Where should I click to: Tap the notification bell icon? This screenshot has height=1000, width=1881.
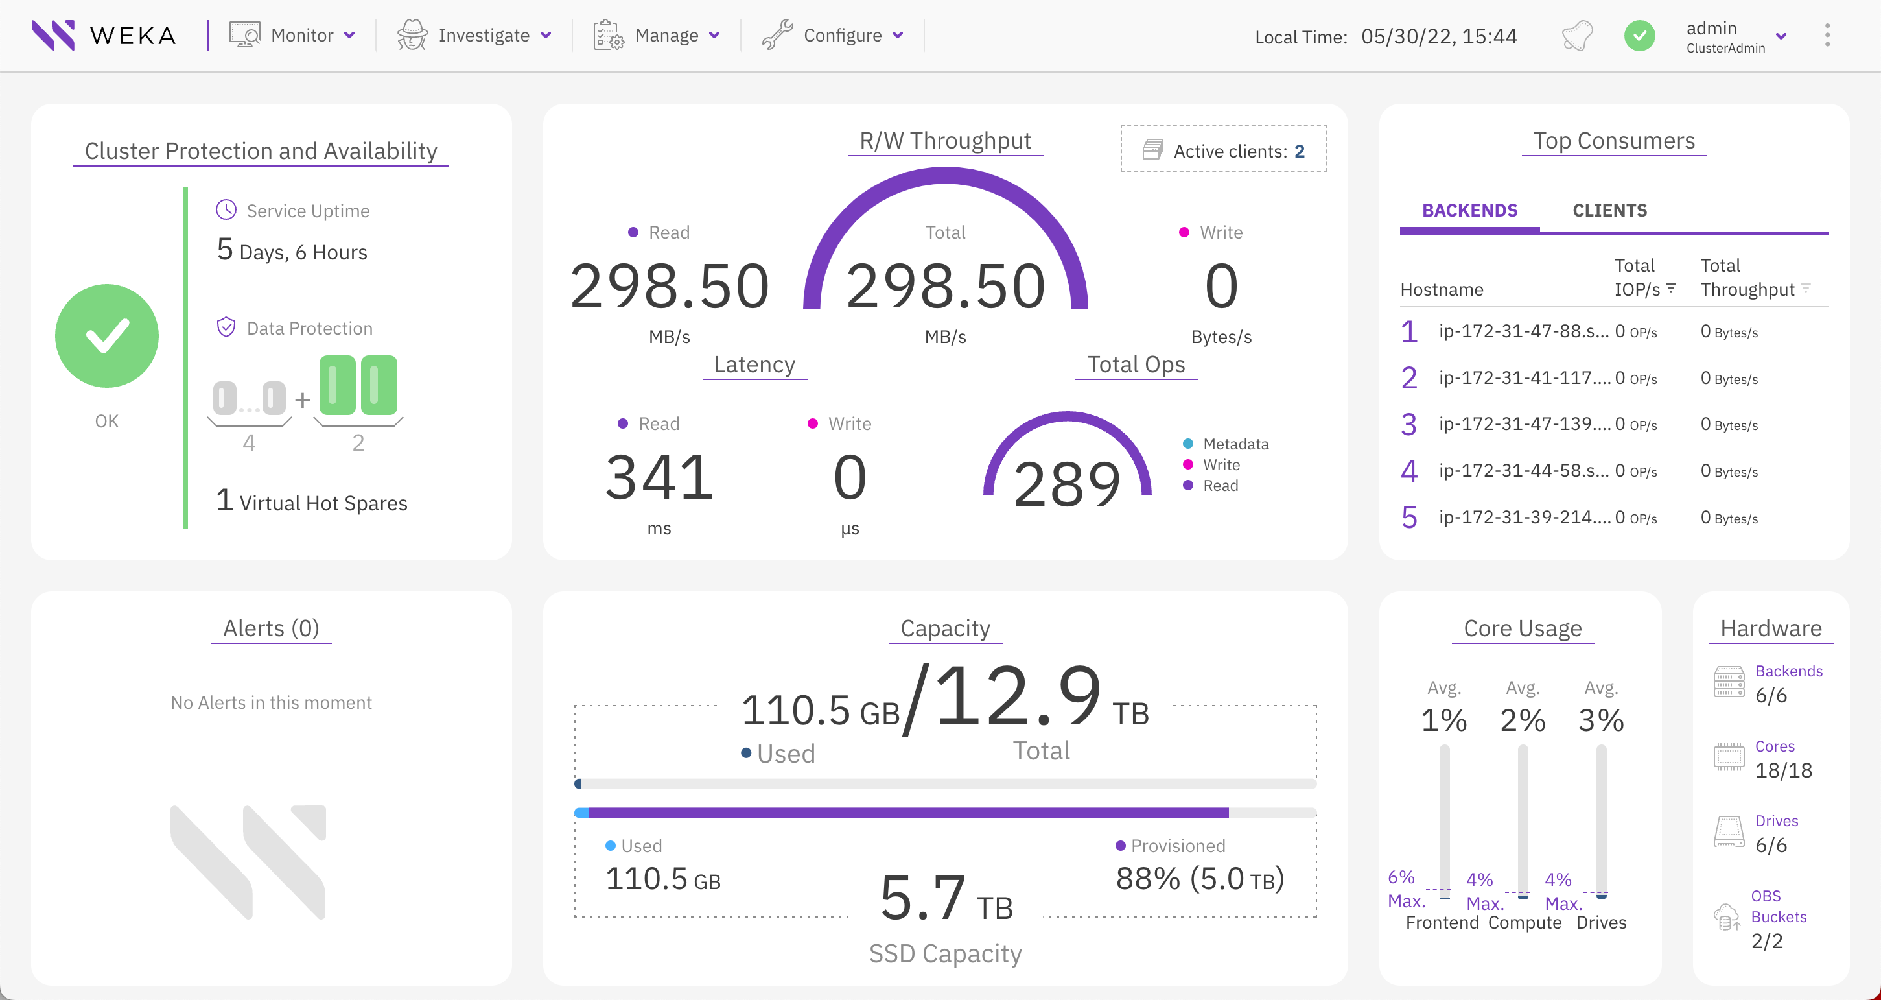tap(1577, 35)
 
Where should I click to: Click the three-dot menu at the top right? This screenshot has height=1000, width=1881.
tap(1827, 35)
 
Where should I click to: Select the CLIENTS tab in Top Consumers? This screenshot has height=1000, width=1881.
tap(1609, 210)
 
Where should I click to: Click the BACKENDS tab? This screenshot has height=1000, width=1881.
tap(1469, 210)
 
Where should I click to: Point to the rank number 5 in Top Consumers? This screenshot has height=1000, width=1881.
tap(1408, 517)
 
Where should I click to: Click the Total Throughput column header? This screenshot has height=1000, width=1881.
tap(1747, 278)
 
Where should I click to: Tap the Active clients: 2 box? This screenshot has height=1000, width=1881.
tap(1224, 150)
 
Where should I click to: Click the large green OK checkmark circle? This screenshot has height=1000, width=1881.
tap(106, 336)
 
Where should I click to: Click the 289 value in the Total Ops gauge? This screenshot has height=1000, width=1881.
tap(1067, 484)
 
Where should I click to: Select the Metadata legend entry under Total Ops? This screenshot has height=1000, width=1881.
tap(1235, 444)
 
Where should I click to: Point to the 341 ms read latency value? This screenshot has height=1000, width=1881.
tap(659, 478)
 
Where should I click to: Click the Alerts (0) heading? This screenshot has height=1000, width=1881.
tap(271, 628)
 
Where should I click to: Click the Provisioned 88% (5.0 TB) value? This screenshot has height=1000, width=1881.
tap(1199, 878)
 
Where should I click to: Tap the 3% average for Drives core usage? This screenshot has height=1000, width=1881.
tap(1600, 720)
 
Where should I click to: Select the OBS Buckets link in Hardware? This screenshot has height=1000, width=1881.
tap(1778, 907)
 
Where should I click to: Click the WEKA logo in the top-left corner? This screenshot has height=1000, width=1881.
tap(104, 35)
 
